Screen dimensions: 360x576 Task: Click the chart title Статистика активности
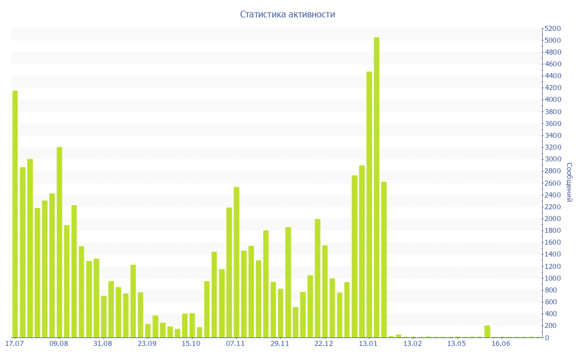(287, 14)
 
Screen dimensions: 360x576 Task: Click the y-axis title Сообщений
(569, 182)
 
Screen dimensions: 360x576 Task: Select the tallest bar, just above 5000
(376, 187)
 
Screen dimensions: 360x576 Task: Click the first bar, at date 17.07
(15, 214)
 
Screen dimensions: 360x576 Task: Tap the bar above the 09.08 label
(59, 242)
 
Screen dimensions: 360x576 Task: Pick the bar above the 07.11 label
(236, 262)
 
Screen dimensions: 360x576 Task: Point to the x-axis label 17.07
(14, 343)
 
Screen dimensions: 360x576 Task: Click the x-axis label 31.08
(103, 343)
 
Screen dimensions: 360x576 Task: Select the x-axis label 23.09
(147, 343)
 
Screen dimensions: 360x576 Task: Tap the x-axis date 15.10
(191, 343)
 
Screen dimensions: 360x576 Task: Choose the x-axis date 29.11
(280, 343)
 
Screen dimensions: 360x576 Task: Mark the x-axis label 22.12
(324, 343)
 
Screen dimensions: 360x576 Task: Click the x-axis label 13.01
(368, 343)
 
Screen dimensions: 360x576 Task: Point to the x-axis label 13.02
(413, 343)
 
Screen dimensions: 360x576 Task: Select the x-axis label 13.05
(457, 343)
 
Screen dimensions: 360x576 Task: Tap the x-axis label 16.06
(501, 343)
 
